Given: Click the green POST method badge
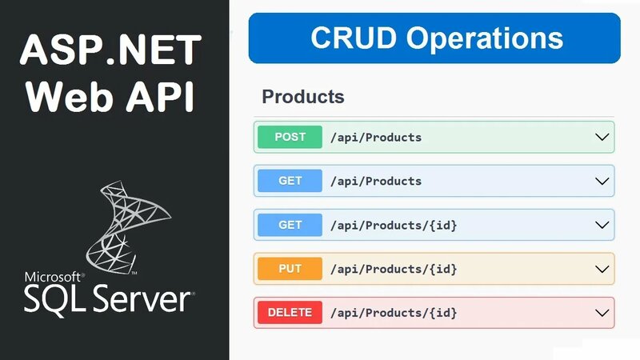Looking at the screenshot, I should click(290, 137).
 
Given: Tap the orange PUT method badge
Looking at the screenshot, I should click(290, 269).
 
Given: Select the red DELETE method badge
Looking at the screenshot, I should click(290, 313).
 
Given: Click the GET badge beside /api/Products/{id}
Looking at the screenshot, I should click(290, 225).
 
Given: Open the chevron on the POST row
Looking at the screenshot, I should click(602, 137).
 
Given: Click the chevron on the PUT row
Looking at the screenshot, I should click(602, 269).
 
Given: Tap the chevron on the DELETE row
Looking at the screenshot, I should click(602, 313).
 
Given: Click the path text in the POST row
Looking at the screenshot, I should click(375, 138).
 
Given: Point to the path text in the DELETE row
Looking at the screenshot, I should click(393, 313).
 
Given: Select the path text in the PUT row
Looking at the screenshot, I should click(393, 269).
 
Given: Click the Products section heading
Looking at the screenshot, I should click(303, 98).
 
